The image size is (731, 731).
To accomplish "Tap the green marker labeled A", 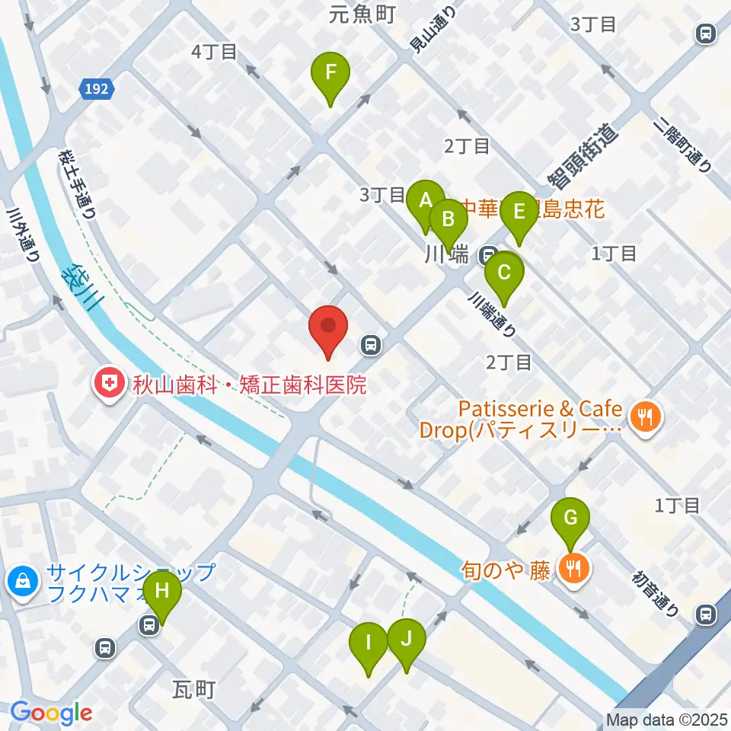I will (426, 202).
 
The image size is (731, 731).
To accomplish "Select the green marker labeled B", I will (449, 221).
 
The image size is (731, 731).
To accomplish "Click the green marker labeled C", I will (503, 273).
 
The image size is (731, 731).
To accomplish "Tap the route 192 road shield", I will (97, 89).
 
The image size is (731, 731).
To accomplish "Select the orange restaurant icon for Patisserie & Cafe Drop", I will (646, 417).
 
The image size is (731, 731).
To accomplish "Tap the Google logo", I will (51, 713).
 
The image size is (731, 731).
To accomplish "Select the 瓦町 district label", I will (194, 690).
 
